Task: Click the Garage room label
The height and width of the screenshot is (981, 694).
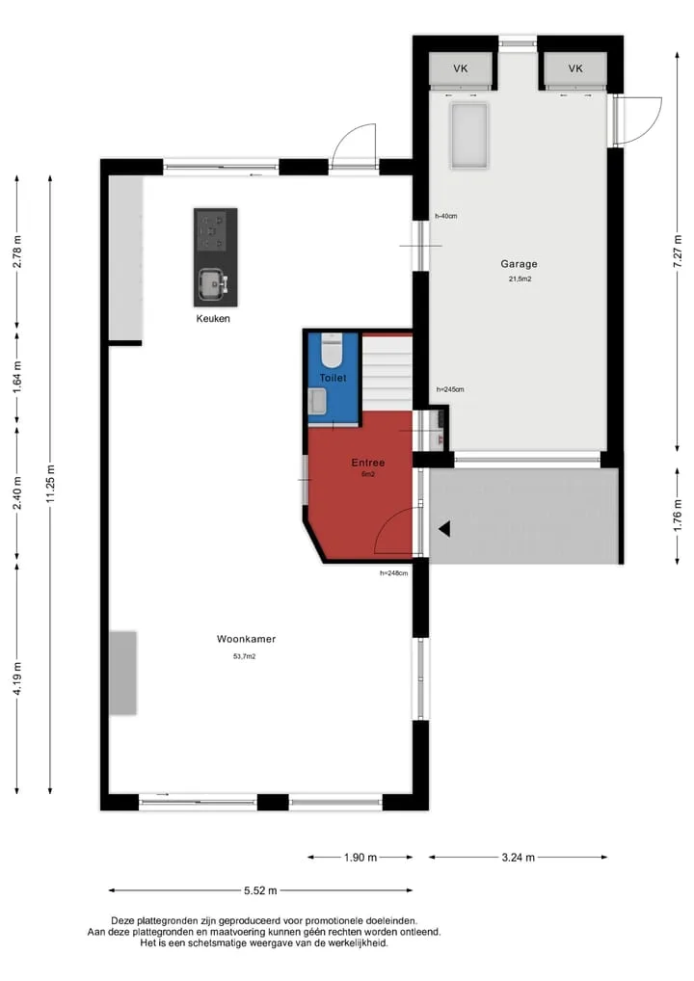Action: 519,264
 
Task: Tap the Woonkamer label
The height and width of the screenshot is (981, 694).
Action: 246,639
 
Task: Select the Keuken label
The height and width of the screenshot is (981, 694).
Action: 213,318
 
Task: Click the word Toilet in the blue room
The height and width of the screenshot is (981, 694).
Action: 333,378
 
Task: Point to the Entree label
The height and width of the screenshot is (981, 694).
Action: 368,463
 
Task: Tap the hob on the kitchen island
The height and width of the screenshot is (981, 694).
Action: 211,231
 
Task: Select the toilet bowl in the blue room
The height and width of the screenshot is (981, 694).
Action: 331,352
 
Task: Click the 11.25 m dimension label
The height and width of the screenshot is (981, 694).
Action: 51,484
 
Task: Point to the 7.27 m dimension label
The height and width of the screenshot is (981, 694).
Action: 677,252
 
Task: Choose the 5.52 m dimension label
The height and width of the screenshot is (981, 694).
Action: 260,890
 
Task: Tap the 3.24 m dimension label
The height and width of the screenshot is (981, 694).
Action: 519,857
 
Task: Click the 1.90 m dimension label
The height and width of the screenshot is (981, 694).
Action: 360,857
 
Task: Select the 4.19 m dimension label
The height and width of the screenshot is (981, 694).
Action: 17,678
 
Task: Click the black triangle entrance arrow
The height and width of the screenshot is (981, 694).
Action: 444,529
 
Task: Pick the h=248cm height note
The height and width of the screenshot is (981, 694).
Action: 393,573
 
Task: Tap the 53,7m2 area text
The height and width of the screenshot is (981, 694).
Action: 245,656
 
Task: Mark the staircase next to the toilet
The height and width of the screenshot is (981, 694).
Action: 387,372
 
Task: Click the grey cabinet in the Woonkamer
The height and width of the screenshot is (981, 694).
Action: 123,673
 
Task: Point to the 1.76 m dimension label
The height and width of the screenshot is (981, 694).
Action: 677,517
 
